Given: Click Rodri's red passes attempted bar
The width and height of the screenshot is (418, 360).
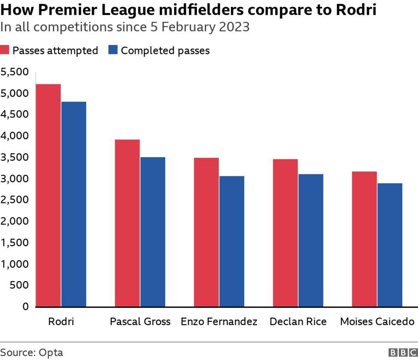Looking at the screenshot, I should click(48, 195).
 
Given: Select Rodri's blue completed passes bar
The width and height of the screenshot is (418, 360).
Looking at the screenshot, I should click(74, 204).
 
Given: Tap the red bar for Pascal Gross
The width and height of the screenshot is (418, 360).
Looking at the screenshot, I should click(127, 223).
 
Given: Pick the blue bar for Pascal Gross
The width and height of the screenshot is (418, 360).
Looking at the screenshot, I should click(153, 232).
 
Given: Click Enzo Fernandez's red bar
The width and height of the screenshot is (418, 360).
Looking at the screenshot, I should click(206, 232).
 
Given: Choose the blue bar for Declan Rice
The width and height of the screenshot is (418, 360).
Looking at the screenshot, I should click(311, 240).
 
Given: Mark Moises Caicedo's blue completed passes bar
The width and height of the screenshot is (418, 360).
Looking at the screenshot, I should click(390, 245).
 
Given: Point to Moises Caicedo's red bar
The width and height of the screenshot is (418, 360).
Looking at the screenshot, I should click(364, 239).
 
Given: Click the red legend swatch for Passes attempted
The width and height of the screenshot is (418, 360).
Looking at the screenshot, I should click(5, 50).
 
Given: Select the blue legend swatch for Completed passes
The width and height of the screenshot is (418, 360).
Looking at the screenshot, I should click(113, 50).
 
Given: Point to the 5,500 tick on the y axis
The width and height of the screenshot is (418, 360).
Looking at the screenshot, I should click(15, 72).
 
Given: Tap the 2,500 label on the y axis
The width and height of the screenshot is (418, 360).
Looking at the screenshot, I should click(15, 200).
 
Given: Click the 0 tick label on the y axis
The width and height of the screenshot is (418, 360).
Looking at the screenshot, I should click(25, 306).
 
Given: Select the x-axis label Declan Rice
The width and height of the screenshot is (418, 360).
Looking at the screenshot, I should click(298, 321).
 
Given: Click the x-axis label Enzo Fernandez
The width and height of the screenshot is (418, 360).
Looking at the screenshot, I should click(219, 321).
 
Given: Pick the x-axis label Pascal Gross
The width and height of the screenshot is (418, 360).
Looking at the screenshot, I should click(140, 321).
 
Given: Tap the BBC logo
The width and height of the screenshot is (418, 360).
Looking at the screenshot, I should click(403, 352).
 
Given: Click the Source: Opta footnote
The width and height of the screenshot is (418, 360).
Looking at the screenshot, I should click(32, 352).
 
